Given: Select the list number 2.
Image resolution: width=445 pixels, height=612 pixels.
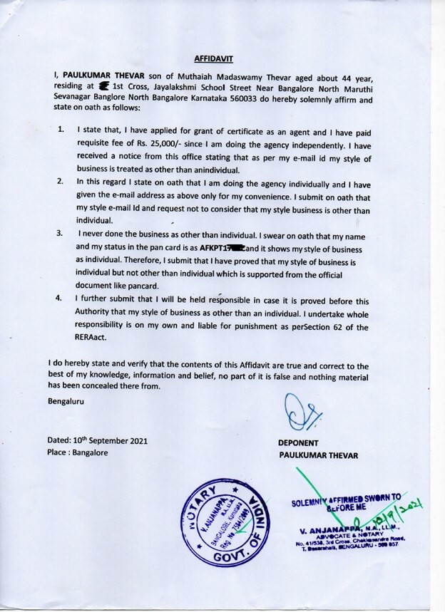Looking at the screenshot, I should click(61, 182).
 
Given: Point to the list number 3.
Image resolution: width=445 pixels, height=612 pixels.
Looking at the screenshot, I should click(61, 233).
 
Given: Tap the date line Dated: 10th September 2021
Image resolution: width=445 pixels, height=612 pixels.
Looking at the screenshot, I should click(98, 440).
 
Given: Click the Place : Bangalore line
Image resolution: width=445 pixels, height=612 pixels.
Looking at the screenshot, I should click(78, 453).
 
